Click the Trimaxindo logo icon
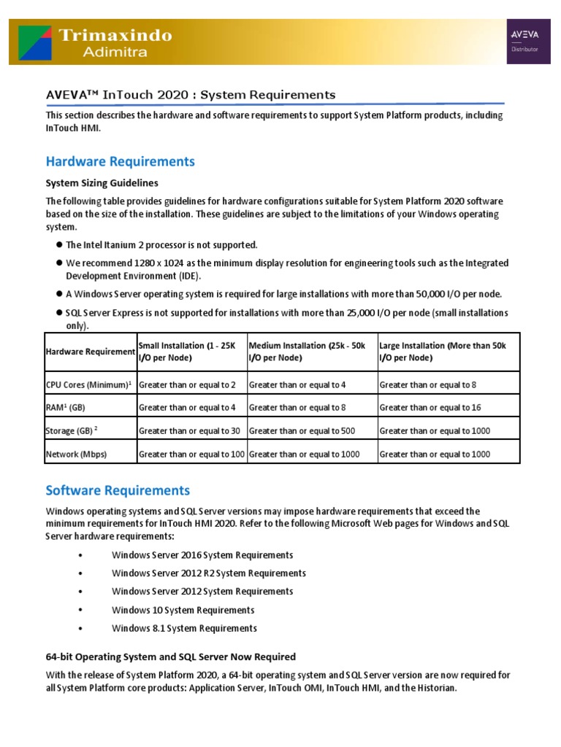click(34, 42)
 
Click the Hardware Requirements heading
click(120, 161)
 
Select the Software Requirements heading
click(118, 490)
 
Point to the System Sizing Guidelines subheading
click(102, 182)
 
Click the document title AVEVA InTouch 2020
click(191, 95)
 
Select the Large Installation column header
click(443, 352)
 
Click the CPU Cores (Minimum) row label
click(89, 384)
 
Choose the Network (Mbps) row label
click(76, 454)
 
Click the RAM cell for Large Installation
click(430, 407)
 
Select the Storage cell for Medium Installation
click(302, 431)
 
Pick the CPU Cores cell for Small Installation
click(187, 384)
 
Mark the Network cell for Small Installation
click(191, 454)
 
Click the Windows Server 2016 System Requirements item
click(202, 555)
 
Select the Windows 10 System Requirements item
click(183, 610)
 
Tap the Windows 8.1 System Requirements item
click(184, 628)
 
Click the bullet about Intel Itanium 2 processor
click(161, 244)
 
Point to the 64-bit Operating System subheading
click(171, 657)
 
